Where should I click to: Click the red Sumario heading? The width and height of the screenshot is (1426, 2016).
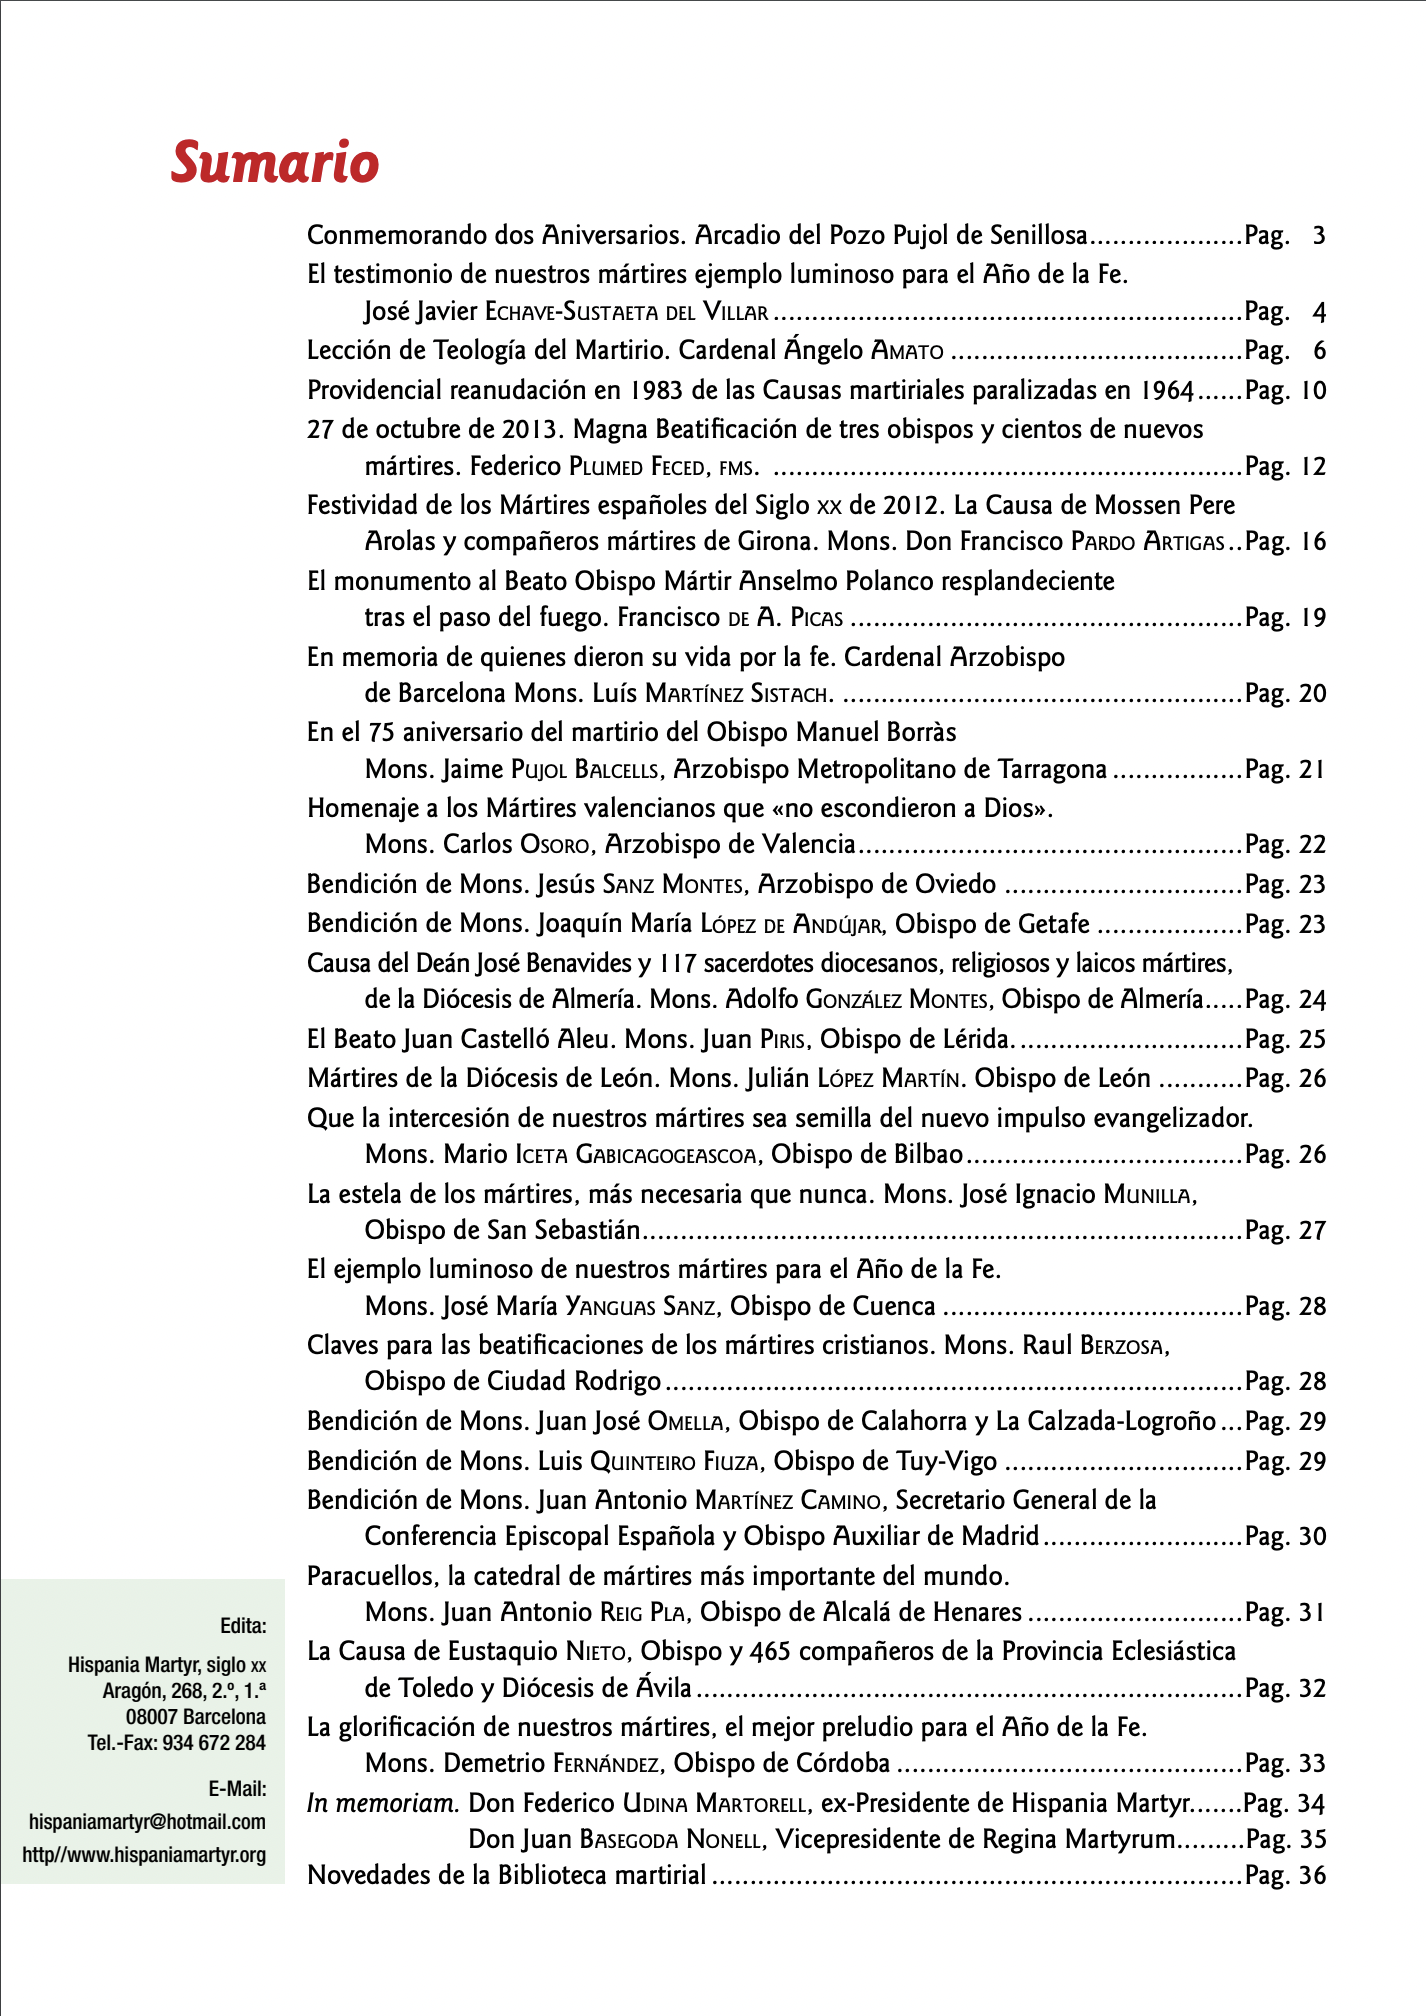coord(275,162)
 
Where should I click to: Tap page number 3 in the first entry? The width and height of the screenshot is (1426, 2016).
coord(1318,236)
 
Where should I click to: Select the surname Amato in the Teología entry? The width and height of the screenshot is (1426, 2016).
coord(907,351)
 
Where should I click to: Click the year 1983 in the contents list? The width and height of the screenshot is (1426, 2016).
coord(659,390)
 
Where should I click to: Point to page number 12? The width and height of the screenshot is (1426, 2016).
coord(1312,466)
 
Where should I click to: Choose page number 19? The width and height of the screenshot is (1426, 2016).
coord(1312,618)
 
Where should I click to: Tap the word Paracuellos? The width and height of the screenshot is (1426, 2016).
coord(373,1576)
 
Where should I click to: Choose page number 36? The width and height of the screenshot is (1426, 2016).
coord(1312,1875)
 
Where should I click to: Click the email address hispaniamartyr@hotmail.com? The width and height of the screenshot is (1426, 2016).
coord(147,1821)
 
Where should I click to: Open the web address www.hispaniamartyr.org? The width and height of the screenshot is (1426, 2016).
coord(144,1855)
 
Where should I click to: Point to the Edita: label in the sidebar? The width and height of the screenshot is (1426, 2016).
coord(243,1625)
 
